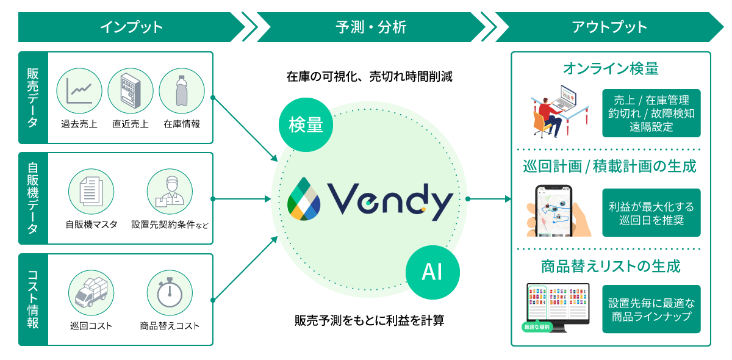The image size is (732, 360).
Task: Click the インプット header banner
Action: click(x=131, y=27)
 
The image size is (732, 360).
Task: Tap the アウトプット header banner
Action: click(x=609, y=27)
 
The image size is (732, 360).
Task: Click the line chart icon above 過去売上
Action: click(x=79, y=90)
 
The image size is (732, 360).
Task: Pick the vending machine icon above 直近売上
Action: click(x=131, y=90)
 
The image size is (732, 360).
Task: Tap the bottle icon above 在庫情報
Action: click(x=181, y=90)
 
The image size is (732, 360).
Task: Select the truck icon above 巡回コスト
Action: click(x=91, y=293)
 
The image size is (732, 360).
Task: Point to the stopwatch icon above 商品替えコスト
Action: click(x=170, y=293)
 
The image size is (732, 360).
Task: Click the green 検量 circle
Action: click(x=306, y=124)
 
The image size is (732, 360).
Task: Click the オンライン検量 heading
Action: click(x=611, y=68)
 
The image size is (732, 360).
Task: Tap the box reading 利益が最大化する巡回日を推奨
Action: click(x=651, y=212)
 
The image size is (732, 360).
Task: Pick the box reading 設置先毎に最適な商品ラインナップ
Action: click(x=651, y=309)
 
